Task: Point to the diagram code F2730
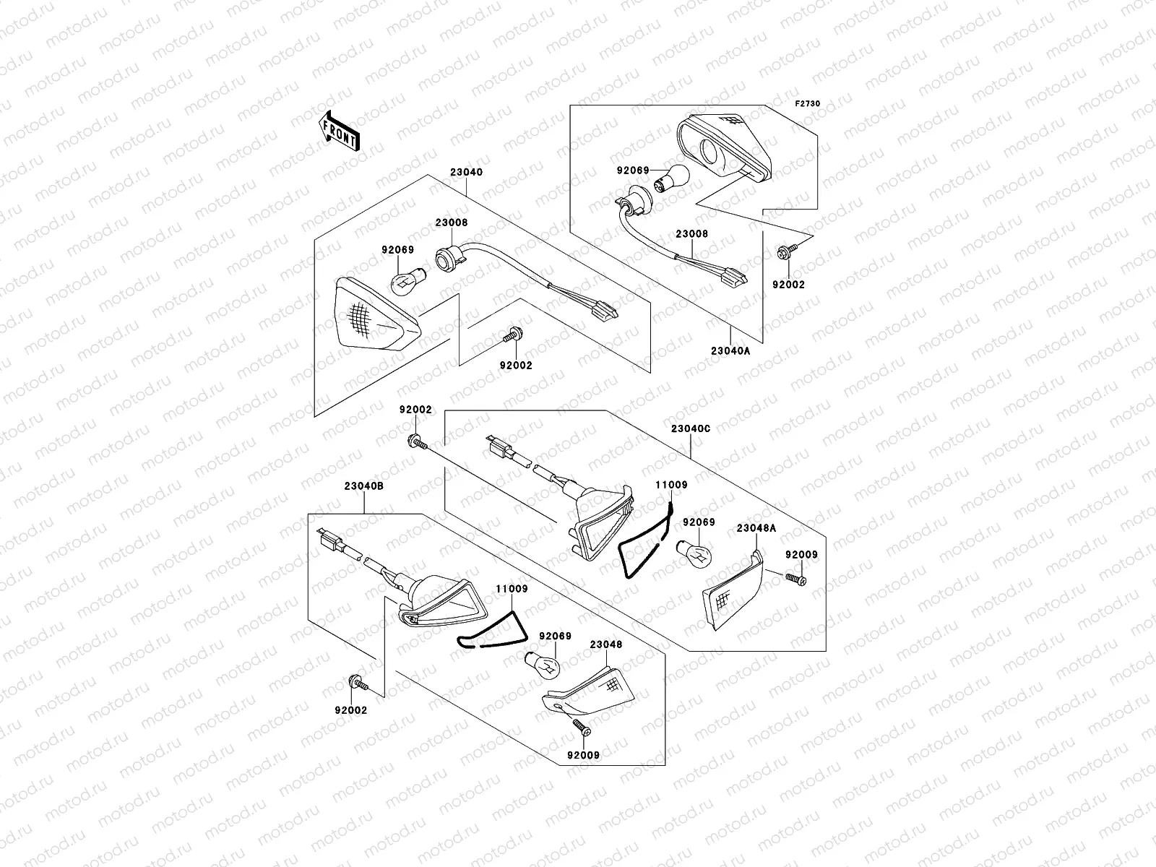[x=808, y=104]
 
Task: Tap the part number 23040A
[x=731, y=351]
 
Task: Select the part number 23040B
[x=363, y=486]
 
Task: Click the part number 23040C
[x=691, y=428]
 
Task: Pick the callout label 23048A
[x=756, y=528]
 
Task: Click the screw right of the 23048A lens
[x=795, y=579]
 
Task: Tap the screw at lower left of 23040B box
[x=357, y=682]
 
